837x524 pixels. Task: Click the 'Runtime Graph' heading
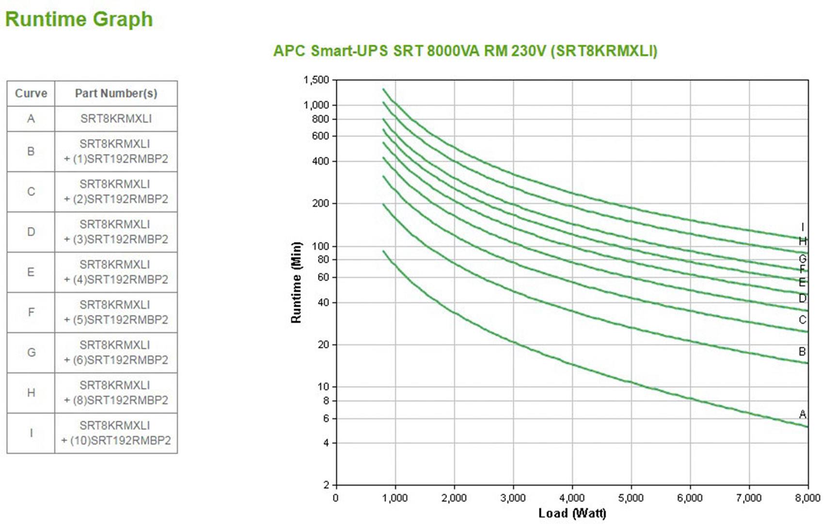79,19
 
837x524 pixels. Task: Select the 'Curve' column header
31,93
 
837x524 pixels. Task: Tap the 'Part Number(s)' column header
116,93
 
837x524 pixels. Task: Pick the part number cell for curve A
116,119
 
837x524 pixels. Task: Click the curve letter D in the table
31,232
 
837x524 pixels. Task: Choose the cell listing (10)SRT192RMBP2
116,433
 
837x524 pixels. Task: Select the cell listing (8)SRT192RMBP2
116,393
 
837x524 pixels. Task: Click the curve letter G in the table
31,353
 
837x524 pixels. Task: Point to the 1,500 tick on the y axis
316,80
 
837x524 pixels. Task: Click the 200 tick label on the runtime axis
320,203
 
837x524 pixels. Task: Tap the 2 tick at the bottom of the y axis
326,485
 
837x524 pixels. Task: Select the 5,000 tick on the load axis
631,498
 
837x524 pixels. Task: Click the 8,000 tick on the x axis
808,498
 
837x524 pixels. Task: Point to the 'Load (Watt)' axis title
572,513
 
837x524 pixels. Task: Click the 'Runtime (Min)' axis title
296,282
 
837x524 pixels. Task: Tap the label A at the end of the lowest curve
803,414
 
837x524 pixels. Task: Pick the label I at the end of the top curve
803,227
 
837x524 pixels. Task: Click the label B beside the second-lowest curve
803,352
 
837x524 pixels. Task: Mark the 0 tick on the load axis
335,498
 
